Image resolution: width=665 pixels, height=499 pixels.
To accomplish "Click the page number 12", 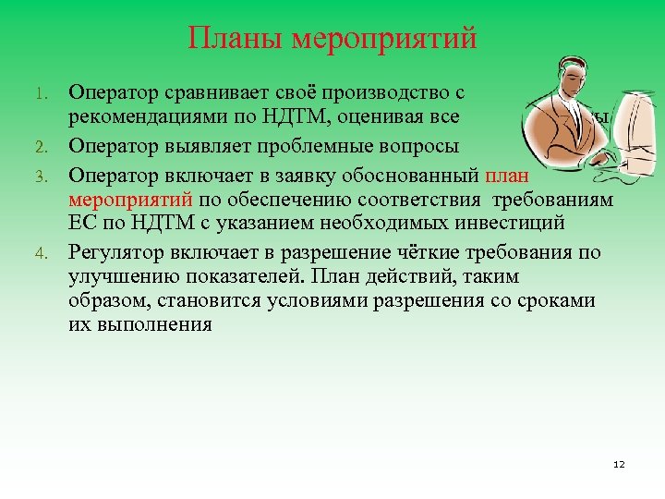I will [x=619, y=464].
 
